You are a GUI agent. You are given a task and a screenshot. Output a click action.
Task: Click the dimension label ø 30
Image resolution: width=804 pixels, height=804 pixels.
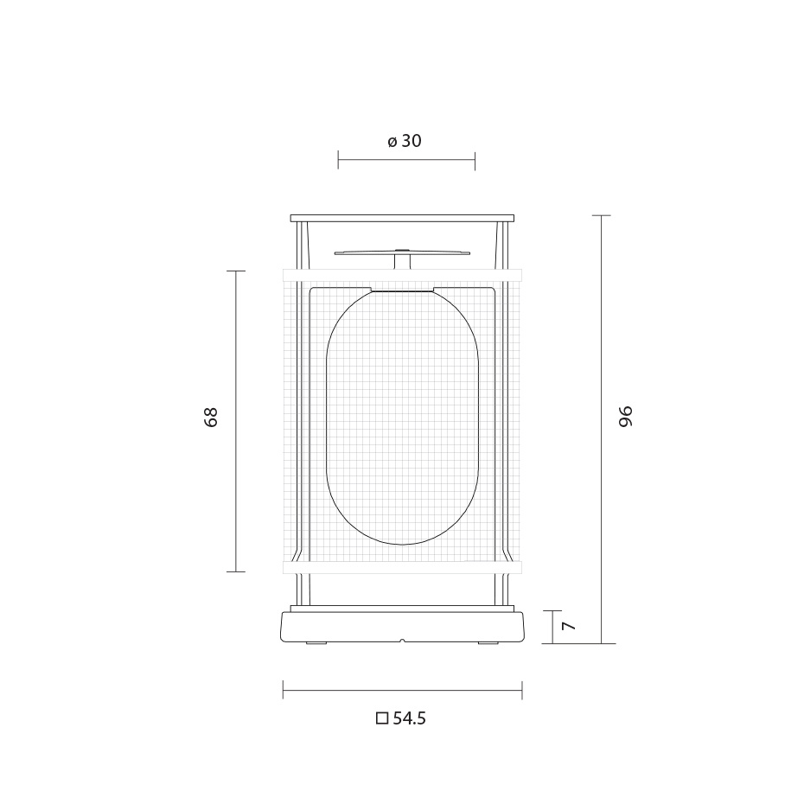tap(405, 141)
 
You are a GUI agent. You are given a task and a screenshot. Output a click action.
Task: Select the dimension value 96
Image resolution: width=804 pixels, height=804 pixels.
tap(627, 416)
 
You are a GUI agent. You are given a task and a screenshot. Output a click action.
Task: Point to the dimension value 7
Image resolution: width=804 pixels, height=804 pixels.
tap(568, 626)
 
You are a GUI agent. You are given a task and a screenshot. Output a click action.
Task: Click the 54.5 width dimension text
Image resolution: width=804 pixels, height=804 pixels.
tap(410, 718)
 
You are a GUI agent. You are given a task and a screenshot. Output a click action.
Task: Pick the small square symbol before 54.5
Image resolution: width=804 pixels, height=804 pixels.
tap(382, 718)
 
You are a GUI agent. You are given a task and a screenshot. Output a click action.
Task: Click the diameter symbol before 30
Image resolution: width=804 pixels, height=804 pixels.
tap(392, 142)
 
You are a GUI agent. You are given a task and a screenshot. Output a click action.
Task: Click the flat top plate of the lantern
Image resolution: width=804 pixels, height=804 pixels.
tap(402, 217)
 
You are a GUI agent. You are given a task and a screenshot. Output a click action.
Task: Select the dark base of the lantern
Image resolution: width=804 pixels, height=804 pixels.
tap(402, 628)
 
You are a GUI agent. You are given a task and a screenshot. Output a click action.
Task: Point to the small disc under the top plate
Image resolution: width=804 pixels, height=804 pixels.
tap(402, 252)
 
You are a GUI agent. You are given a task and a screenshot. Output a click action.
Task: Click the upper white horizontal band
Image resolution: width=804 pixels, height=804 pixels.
tap(402, 277)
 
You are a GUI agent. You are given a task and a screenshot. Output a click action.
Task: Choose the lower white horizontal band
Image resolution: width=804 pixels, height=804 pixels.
tap(402, 567)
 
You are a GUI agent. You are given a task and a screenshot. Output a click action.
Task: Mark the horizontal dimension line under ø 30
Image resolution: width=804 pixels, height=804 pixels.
tap(406, 159)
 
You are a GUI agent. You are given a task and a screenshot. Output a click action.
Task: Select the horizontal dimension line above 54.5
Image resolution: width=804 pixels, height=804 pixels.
tap(402, 690)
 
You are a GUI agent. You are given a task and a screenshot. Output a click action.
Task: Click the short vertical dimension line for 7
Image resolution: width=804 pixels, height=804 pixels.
tap(552, 627)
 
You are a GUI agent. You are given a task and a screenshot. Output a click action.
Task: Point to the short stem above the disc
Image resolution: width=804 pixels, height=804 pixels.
tap(402, 261)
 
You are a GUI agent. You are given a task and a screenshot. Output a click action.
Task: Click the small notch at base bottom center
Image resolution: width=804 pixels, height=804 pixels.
tap(402, 641)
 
